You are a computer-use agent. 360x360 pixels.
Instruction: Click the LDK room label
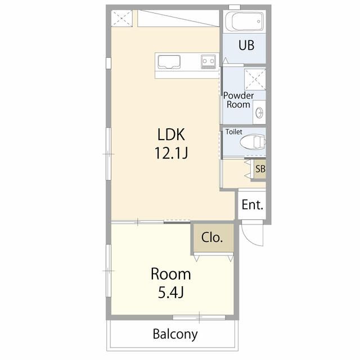click(x=171, y=134)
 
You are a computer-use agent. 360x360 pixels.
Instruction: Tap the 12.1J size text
click(x=171, y=153)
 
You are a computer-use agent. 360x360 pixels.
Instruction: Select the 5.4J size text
click(x=171, y=292)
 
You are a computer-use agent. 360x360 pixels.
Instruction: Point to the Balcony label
click(x=175, y=334)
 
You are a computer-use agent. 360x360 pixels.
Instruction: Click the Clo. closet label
click(x=212, y=237)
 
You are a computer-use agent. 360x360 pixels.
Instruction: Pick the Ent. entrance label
click(x=253, y=204)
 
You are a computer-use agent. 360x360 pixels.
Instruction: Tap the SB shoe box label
click(x=260, y=169)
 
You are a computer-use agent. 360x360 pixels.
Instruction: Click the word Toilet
click(x=234, y=132)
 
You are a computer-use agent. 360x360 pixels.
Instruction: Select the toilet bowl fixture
click(x=253, y=142)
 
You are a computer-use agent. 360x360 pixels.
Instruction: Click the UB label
click(x=246, y=45)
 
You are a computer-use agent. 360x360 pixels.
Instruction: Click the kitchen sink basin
click(x=169, y=62)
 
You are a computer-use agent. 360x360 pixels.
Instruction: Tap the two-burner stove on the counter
click(x=209, y=61)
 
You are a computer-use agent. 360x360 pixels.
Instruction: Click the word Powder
click(x=238, y=96)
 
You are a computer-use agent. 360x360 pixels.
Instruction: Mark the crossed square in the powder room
click(x=255, y=79)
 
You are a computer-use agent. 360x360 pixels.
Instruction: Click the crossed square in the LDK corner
click(x=121, y=19)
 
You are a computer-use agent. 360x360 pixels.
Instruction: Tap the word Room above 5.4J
click(x=171, y=274)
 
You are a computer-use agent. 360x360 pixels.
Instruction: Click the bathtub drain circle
click(x=259, y=21)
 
